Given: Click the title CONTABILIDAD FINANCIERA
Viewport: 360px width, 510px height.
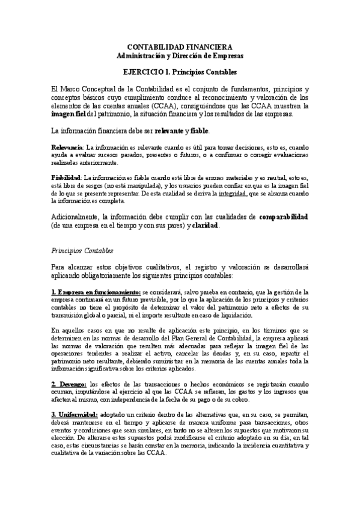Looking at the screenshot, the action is click(x=180, y=47).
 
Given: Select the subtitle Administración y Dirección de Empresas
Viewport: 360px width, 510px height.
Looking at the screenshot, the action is click(x=180, y=55).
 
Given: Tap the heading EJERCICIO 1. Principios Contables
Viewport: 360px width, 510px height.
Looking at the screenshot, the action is click(x=180, y=72).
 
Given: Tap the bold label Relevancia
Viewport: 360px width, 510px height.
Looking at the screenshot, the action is click(x=67, y=147).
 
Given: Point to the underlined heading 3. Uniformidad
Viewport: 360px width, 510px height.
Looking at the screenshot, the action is click(x=75, y=397).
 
